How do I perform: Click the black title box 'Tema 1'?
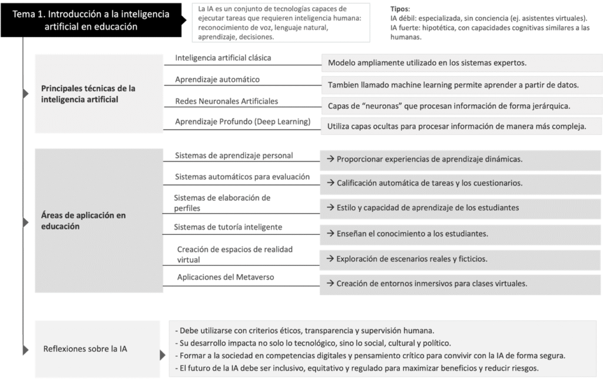[91, 20]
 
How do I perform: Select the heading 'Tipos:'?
[400, 9]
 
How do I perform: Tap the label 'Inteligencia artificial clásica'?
[223, 58]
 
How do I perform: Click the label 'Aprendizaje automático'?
[217, 79]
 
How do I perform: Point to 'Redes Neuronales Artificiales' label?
[227, 101]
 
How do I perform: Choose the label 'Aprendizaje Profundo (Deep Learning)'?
[243, 122]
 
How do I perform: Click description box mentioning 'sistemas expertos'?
[462, 63]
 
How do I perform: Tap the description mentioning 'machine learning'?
[462, 85]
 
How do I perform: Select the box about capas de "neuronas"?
[462, 106]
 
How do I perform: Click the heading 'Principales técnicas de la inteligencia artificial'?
[88, 94]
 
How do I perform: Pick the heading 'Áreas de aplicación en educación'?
[83, 221]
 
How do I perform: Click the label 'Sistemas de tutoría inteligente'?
[228, 227]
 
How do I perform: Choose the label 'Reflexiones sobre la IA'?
[85, 349]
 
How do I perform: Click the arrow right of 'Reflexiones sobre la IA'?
[163, 355]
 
